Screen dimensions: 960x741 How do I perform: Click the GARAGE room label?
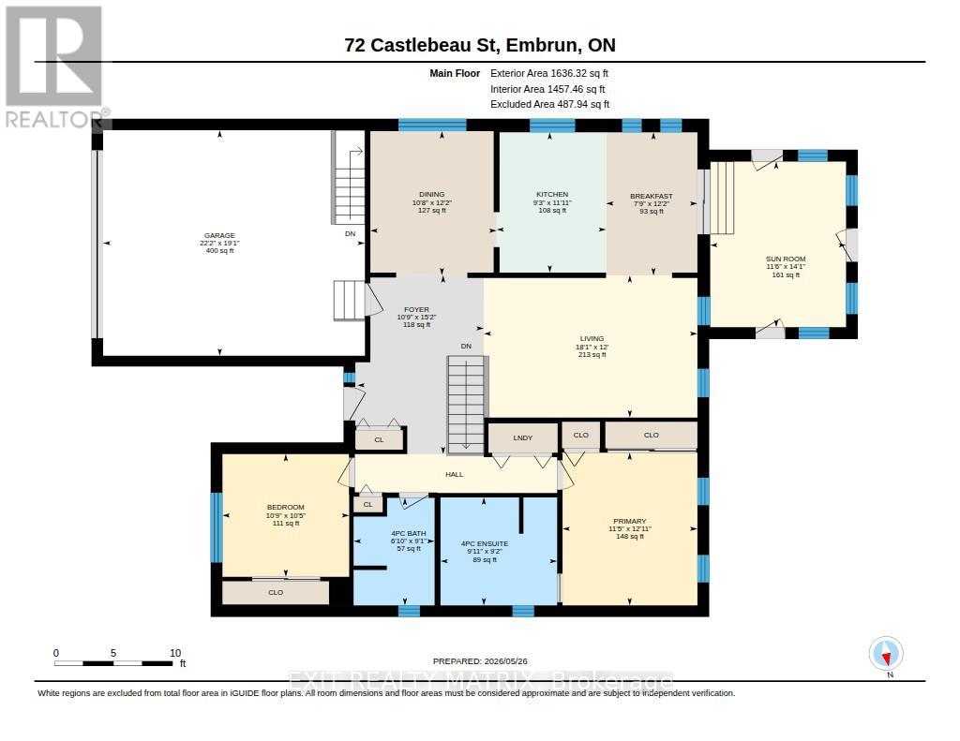pos(219,235)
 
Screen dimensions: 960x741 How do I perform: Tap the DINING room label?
pos(431,195)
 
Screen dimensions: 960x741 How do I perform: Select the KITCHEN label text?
pos(552,195)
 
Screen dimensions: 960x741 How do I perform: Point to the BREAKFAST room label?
pos(652,197)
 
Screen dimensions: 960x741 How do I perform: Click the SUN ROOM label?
pos(786,259)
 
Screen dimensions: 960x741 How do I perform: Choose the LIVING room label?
pos(592,338)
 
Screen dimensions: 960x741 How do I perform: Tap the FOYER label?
pos(416,310)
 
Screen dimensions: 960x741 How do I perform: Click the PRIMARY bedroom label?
pos(630,522)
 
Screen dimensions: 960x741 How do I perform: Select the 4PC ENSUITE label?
pos(485,543)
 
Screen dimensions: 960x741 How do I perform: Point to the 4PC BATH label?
pos(409,534)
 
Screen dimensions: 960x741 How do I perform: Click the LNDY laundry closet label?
pos(523,438)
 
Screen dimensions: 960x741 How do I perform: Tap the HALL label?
pos(455,474)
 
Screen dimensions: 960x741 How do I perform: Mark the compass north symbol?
pos(886,654)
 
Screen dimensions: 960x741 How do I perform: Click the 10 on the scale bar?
pos(175,653)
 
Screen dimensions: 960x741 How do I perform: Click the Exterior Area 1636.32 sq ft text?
pos(549,73)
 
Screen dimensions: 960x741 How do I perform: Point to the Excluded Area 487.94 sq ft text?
pos(549,105)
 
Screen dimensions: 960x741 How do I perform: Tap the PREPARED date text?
pos(480,661)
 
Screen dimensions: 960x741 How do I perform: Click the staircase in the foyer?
pos(466,405)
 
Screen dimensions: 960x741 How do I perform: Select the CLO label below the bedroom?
pos(276,592)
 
